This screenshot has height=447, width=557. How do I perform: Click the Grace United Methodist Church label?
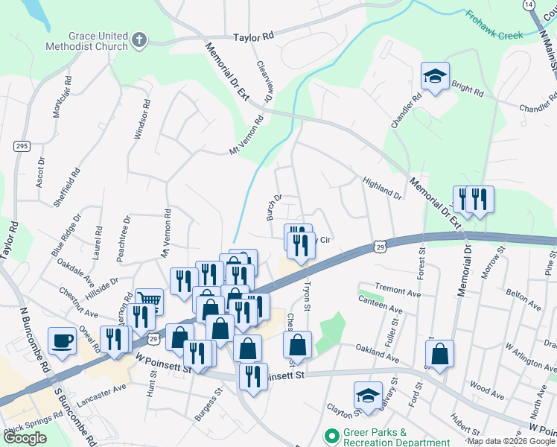pyautogui.click(x=98, y=41)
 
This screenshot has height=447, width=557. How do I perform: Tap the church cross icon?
pyautogui.click(x=139, y=39)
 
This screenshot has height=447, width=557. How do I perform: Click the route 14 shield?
pyautogui.click(x=528, y=4)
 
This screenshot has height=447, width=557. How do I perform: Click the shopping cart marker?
pyautogui.click(x=149, y=302)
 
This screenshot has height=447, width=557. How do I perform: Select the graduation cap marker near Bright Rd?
pyautogui.click(x=435, y=76)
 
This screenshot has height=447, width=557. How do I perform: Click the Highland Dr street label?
pyautogui.click(x=382, y=188)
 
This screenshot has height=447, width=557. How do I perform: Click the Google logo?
pyautogui.click(x=25, y=438)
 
